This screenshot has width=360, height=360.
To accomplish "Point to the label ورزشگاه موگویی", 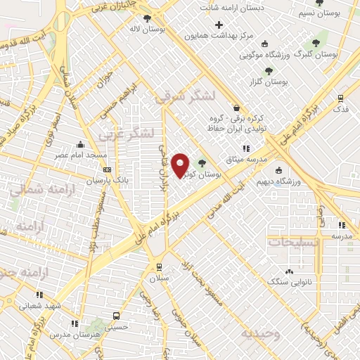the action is (x=266, y=53).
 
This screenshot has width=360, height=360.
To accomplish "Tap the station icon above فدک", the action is (x=341, y=98).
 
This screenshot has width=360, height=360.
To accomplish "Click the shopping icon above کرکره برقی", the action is (x=236, y=108).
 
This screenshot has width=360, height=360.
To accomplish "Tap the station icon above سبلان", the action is (x=160, y=266).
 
